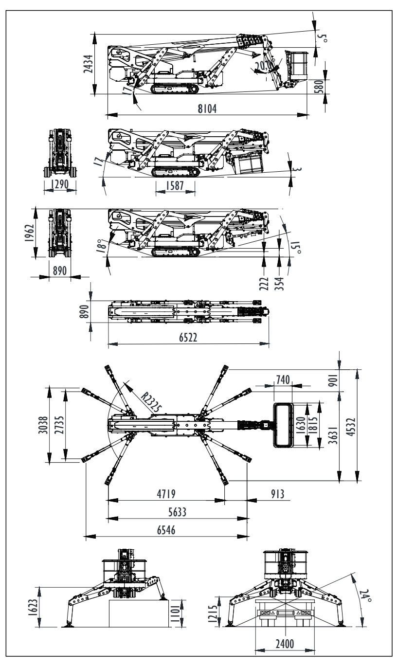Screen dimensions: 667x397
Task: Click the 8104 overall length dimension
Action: pos(204,109)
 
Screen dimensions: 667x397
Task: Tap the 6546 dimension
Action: pos(165,530)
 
